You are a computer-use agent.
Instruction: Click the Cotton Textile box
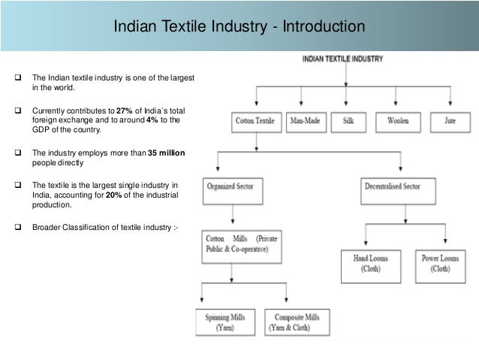click(x=255, y=120)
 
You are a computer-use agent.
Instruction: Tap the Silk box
click(x=348, y=120)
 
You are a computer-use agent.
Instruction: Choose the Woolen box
click(x=398, y=120)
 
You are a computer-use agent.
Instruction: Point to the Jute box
click(x=449, y=120)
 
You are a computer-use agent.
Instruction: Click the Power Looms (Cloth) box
click(x=441, y=262)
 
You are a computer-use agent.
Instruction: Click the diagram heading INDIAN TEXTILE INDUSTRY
click(x=344, y=58)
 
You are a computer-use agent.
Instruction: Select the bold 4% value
click(x=156, y=119)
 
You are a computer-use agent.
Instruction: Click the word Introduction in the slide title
click(x=327, y=28)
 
